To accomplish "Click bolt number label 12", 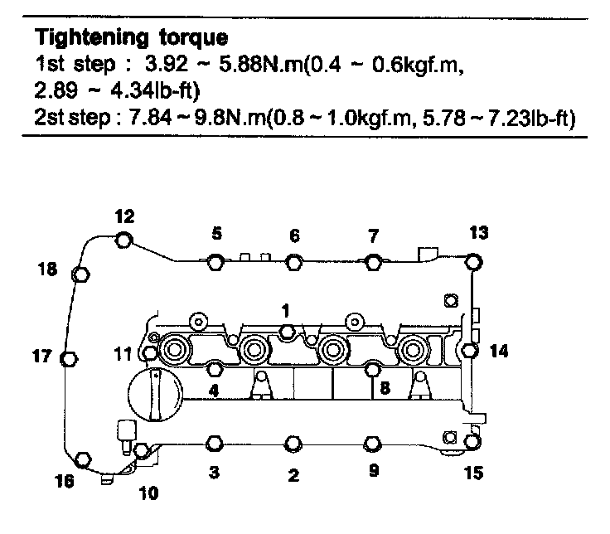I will pos(123,217).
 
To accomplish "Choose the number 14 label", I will pos(499,351).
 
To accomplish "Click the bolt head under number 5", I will pos(215,263).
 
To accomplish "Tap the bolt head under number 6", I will pos(294,263).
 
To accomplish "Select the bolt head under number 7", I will pos(374,263).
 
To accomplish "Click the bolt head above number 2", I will pos(293,444).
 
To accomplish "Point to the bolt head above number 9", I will pos(371,444).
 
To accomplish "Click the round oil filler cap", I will pos(152,394).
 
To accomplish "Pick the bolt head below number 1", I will pos(287,333).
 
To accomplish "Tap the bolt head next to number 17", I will pos(70,358).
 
